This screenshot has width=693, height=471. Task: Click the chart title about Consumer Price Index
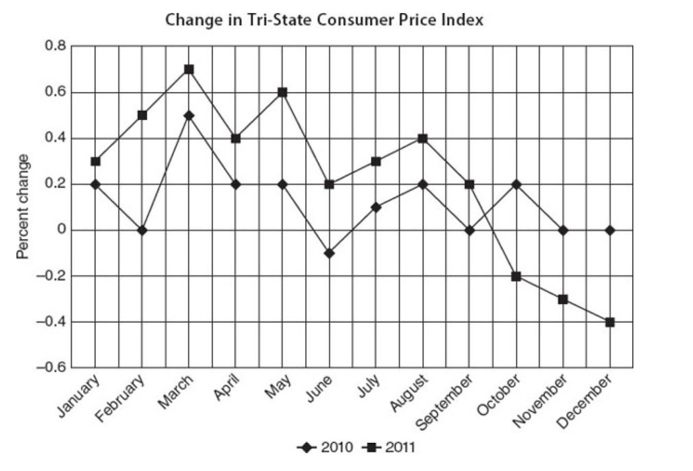click(x=324, y=21)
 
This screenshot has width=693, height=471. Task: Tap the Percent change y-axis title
click(x=23, y=206)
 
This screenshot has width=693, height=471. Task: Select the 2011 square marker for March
click(x=189, y=69)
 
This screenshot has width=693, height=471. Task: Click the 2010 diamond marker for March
click(x=189, y=115)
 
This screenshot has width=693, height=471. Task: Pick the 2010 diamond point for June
click(x=330, y=253)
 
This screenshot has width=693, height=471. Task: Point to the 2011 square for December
click(x=609, y=322)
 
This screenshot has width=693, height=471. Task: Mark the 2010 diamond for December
click(x=609, y=230)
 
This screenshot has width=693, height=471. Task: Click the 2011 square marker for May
click(x=282, y=93)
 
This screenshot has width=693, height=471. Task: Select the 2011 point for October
click(x=516, y=276)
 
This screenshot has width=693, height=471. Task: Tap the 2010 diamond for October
click(x=516, y=184)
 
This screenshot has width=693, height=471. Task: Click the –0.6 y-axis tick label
click(x=52, y=368)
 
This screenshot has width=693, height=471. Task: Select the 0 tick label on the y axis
click(x=61, y=230)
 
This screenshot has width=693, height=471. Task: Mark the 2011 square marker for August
click(x=423, y=138)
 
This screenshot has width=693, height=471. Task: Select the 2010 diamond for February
click(x=143, y=230)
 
